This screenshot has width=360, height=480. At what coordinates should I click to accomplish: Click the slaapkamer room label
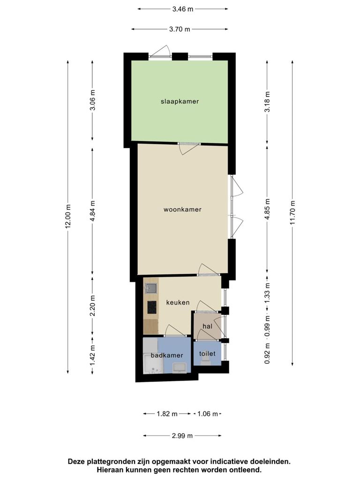point(180,101)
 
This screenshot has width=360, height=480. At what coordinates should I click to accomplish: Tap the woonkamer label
point(182,210)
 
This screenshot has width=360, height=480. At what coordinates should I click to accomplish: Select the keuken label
point(178,302)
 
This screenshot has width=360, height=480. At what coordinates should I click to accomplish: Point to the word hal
point(207,326)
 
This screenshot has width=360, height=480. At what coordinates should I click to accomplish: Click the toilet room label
point(207,353)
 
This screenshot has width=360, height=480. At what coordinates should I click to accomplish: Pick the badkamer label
point(167,355)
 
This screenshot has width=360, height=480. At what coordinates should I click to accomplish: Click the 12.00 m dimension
point(68,216)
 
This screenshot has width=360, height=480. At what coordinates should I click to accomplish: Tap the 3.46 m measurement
point(183,9)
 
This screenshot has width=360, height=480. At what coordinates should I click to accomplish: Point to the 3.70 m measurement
point(180,30)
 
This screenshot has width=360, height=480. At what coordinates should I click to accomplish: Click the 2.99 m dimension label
point(182,435)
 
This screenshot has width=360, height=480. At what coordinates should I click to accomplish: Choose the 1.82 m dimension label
point(167,414)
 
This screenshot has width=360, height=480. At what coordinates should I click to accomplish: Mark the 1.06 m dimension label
point(208,414)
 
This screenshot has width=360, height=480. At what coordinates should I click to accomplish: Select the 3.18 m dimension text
point(267,102)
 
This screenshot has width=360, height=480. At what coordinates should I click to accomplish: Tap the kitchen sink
point(151,288)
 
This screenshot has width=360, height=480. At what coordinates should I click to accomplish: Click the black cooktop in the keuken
point(152,307)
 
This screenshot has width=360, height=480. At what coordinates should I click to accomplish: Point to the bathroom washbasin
point(180,367)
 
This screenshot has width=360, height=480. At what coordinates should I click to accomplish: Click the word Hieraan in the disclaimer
point(110,470)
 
